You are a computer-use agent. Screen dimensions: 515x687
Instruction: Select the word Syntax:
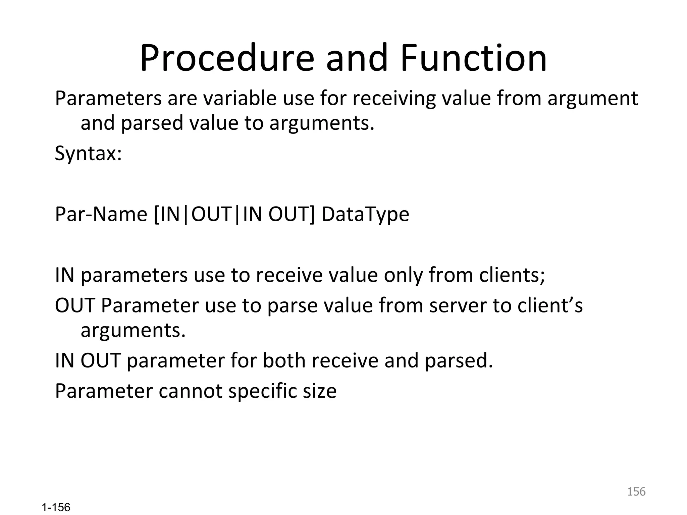88,154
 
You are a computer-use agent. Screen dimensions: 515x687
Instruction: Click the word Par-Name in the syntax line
101,214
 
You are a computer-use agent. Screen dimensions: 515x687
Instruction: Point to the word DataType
365,214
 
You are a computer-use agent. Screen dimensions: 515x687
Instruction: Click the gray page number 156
636,492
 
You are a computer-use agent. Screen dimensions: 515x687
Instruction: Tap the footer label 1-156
56,507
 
